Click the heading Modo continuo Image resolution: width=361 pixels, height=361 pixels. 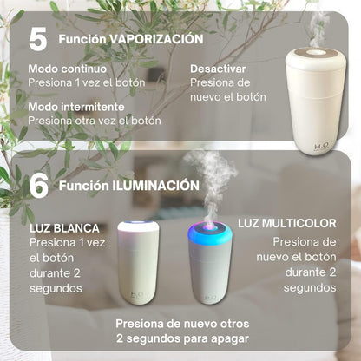tap(67, 68)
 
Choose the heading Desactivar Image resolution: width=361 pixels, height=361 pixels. tap(218, 68)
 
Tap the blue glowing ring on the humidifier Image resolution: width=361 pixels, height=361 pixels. tap(207, 235)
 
